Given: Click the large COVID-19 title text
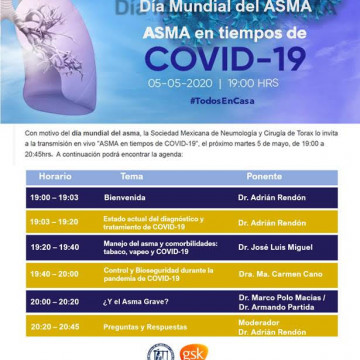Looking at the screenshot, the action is [227, 58].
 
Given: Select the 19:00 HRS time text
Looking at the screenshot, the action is [254, 84].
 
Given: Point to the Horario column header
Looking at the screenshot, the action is [55, 175].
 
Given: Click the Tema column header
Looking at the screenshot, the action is [131, 175].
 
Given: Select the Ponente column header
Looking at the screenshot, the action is [264, 175].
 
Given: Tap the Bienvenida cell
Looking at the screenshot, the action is [125, 196].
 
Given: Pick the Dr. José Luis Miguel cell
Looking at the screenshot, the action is [275, 246].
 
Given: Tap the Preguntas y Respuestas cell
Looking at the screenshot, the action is [145, 325].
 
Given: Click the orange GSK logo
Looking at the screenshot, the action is [194, 351].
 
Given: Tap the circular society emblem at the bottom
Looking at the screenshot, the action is [160, 351].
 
